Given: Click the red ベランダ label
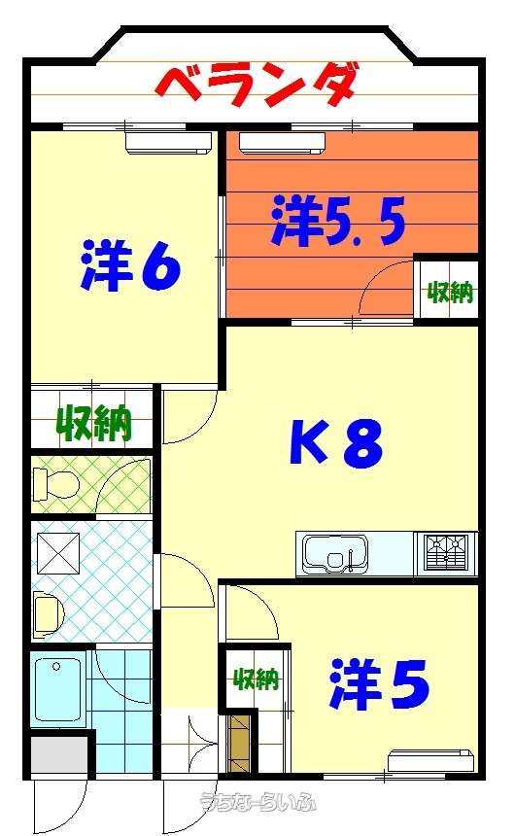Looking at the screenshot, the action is point(256,86).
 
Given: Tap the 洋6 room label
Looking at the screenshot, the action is point(130,265).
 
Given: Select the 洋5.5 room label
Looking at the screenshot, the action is point(338,221).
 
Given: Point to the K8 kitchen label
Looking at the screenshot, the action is point(336,441).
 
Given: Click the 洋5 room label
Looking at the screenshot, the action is point(379,684).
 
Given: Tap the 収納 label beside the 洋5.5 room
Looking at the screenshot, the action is point(451,292).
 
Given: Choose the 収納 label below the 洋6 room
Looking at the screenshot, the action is point(94,423).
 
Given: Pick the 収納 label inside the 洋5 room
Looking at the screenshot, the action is point(257,679).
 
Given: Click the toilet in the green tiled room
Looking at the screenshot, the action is point(56,484).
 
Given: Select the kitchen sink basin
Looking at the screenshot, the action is point(335,553).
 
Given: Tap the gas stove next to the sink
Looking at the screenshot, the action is point(446,553).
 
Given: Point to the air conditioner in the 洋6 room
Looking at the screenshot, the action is point(168,142).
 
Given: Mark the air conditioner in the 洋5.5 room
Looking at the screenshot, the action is point(282,142).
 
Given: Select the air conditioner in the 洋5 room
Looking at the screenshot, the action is point(430,760).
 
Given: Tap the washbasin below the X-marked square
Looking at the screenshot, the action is point(48,614).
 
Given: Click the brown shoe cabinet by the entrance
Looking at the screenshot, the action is point(238,743).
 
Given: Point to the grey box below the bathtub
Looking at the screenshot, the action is point(58,755).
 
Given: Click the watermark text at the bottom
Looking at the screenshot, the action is point(258,801).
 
